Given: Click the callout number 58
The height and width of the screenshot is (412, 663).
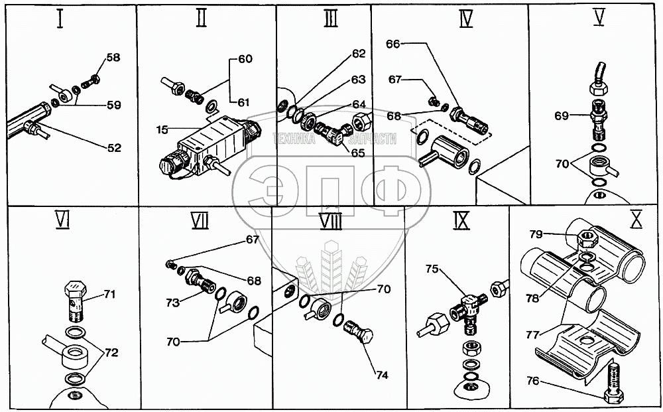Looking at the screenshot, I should pyautogui.click(x=113, y=58).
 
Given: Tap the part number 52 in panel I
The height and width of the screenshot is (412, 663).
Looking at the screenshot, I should pyautogui.click(x=114, y=148).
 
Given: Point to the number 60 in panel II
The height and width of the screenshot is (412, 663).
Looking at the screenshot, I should pyautogui.click(x=245, y=59).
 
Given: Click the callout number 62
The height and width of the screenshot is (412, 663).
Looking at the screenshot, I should pyautogui.click(x=359, y=53).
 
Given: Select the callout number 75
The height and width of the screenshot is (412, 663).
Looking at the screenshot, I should pyautogui.click(x=433, y=270).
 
